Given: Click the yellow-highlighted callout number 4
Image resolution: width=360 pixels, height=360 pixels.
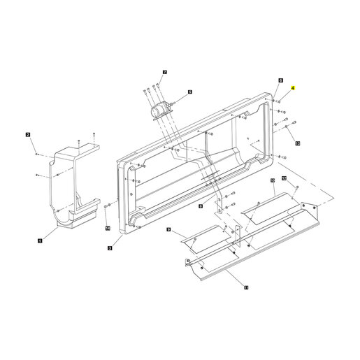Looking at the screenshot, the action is tap(293, 88).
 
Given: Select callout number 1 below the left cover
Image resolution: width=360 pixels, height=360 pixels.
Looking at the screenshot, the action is tap(40, 240).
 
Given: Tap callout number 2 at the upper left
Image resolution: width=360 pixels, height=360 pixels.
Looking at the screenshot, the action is tap(28, 135).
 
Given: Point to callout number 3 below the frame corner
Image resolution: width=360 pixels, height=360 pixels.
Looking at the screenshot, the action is tap(110, 248).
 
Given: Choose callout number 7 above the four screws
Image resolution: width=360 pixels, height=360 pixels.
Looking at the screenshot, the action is tap(165, 72).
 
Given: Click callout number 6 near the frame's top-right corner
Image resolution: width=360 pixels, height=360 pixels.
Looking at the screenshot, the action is tap(281, 80).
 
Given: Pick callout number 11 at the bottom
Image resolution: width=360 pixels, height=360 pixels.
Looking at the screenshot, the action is tap(246, 287).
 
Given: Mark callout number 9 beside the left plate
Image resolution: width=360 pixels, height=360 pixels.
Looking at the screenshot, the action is tap(168, 229).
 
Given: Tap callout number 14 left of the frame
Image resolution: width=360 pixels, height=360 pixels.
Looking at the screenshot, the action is tap(108, 229).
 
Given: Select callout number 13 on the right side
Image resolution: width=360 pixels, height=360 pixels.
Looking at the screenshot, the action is tap(298, 143).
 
